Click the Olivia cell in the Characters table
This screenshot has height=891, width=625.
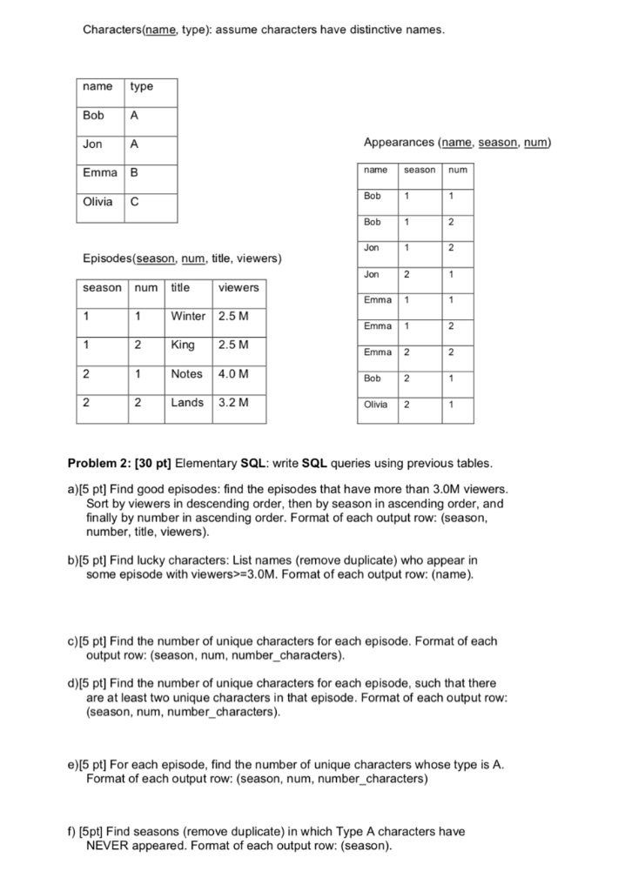(97, 202)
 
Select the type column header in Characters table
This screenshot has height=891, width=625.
(141, 86)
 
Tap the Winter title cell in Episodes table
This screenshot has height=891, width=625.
(188, 316)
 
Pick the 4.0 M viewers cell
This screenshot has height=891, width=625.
(232, 374)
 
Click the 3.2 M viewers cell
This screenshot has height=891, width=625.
(232, 403)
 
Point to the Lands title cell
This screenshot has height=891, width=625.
(187, 403)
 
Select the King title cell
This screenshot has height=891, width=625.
(184, 345)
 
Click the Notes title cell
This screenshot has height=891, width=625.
(187, 374)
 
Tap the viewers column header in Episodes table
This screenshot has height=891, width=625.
(238, 287)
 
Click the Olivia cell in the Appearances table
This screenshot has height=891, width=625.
(376, 405)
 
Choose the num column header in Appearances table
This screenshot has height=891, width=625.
(458, 170)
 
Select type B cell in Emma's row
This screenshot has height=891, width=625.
(134, 173)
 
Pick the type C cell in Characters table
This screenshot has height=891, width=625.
(134, 202)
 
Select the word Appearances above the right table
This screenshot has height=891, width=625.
(398, 142)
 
